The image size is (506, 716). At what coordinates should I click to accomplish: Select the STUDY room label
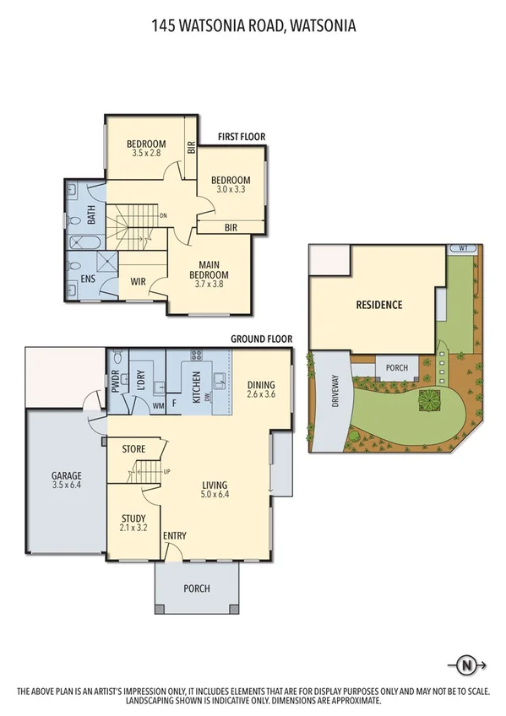click(133, 518)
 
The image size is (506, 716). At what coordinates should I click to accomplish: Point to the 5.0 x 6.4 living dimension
click(215, 495)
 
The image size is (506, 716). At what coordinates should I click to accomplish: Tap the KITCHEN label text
click(196, 388)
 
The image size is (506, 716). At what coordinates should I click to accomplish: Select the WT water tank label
click(463, 248)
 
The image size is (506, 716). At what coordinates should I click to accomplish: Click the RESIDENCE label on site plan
click(378, 305)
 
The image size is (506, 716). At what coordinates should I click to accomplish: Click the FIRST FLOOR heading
click(241, 136)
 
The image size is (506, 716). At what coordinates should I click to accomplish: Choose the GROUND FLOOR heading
click(262, 339)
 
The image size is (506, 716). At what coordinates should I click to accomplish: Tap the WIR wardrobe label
click(139, 281)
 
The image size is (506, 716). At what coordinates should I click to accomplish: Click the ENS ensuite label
click(88, 279)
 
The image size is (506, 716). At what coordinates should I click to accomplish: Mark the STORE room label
click(134, 448)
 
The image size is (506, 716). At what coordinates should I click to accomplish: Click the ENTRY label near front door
click(175, 536)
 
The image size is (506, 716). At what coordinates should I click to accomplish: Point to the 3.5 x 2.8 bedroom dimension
click(147, 154)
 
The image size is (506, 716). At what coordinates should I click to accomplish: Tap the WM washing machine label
click(157, 407)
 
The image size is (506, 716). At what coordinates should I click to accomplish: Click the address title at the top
click(253, 26)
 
